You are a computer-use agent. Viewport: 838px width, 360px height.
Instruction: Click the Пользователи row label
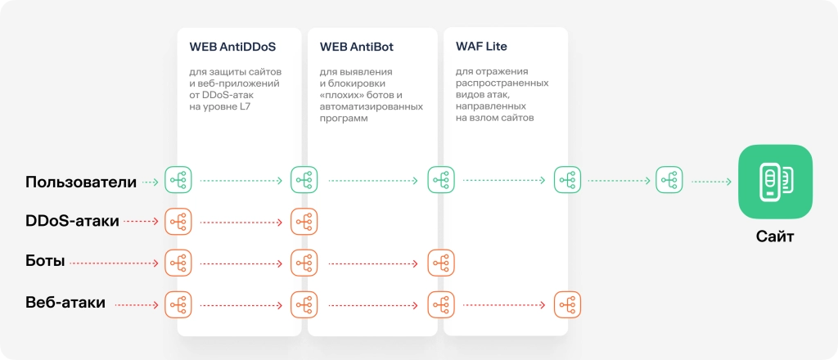[80, 182]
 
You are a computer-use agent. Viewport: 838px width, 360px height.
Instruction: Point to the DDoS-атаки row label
[72, 221]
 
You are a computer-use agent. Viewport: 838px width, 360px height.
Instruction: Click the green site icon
[775, 182]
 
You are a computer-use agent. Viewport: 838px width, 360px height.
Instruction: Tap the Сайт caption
[775, 237]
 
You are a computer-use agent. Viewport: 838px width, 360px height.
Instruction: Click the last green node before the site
[669, 180]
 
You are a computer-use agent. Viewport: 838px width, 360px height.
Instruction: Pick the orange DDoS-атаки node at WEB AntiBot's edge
[304, 221]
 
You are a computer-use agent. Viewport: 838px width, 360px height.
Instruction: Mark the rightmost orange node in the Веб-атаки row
[567, 304]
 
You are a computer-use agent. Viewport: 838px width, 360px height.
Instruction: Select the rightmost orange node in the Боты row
[441, 263]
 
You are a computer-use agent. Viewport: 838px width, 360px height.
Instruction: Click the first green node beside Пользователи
[178, 180]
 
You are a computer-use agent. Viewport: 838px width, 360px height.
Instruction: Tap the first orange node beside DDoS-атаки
[178, 221]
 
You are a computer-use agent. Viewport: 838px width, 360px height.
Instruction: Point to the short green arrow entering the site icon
[710, 182]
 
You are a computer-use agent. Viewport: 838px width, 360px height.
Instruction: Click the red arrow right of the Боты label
[114, 263]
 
